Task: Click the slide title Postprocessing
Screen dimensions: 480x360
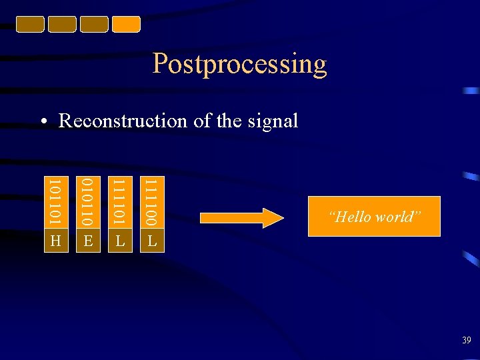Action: pos(239,64)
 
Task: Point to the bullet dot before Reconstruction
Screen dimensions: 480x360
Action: pos(43,122)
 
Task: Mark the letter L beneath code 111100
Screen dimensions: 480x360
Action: pos(152,241)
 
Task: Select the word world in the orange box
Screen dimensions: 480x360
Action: pos(397,217)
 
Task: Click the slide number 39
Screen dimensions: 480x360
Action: pos(466,341)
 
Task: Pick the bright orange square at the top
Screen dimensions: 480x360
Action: pos(126,24)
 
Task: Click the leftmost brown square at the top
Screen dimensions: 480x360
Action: pos(30,24)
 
